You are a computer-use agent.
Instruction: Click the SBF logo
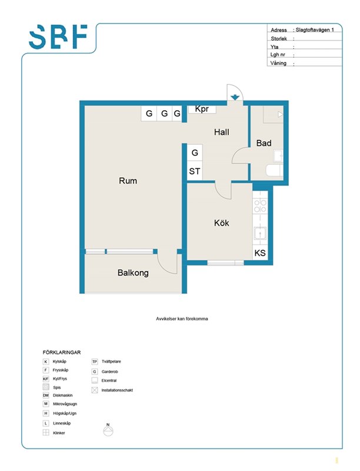pyautogui.click(x=58, y=37)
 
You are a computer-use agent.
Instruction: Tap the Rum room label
pyautogui.click(x=128, y=181)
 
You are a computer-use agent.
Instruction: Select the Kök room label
pyautogui.click(x=221, y=223)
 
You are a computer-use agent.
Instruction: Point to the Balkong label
pyautogui.click(x=133, y=273)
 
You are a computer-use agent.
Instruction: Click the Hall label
pyautogui.click(x=221, y=132)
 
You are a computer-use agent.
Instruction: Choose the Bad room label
pyautogui.click(x=264, y=143)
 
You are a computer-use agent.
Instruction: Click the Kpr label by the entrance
pyautogui.click(x=202, y=109)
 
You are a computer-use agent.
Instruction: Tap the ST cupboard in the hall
pyautogui.click(x=194, y=171)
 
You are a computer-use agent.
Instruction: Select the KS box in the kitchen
pyautogui.click(x=260, y=253)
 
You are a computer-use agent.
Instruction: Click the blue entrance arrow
pyautogui.click(x=235, y=97)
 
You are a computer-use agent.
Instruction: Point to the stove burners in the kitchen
pyautogui.click(x=260, y=205)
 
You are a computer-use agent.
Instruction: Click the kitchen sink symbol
pyautogui.click(x=260, y=233)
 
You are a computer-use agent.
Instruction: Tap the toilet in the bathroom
pyautogui.click(x=274, y=171)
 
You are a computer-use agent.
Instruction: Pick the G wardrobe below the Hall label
pyautogui.click(x=195, y=153)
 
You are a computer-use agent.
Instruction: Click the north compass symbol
pyautogui.click(x=108, y=430)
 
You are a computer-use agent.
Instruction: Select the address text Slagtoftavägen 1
pyautogui.click(x=315, y=30)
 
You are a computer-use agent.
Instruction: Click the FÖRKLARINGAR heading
pyautogui.click(x=62, y=352)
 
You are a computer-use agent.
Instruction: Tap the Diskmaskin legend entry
pyautogui.click(x=58, y=395)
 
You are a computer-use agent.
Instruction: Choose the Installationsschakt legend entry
pyautogui.click(x=112, y=390)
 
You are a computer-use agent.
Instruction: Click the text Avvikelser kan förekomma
pyautogui.click(x=182, y=319)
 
